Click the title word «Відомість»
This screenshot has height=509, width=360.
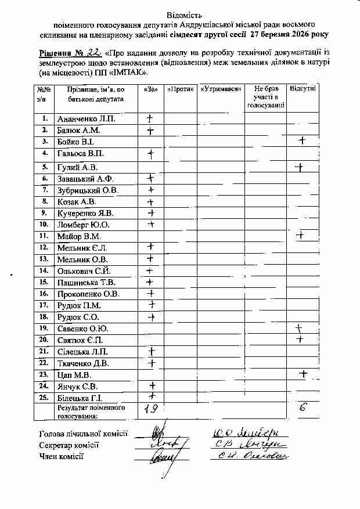185,13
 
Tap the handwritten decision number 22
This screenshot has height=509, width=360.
85,51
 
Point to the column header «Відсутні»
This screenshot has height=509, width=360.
303,89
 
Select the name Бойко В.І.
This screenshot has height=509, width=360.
75,142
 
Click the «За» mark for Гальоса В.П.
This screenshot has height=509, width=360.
150,154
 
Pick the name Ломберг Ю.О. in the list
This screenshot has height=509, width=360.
84,225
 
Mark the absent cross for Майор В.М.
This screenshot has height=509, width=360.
301,236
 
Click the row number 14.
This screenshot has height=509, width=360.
44,270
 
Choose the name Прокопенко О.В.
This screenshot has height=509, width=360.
88,294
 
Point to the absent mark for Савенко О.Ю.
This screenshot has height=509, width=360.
300,328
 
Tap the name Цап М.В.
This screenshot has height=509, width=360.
73,375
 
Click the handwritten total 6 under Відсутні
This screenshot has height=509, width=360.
302,408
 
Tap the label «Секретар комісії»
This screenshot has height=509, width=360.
69,445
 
